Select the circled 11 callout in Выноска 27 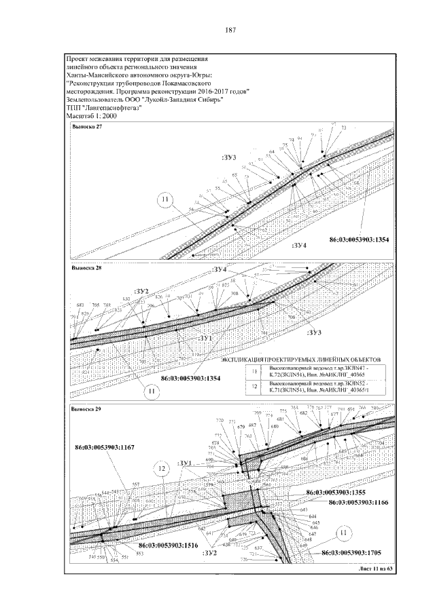[x=164, y=199]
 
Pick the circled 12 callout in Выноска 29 [x=162, y=467]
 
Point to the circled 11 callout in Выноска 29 [x=343, y=533]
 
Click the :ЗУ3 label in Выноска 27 [x=228, y=157]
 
